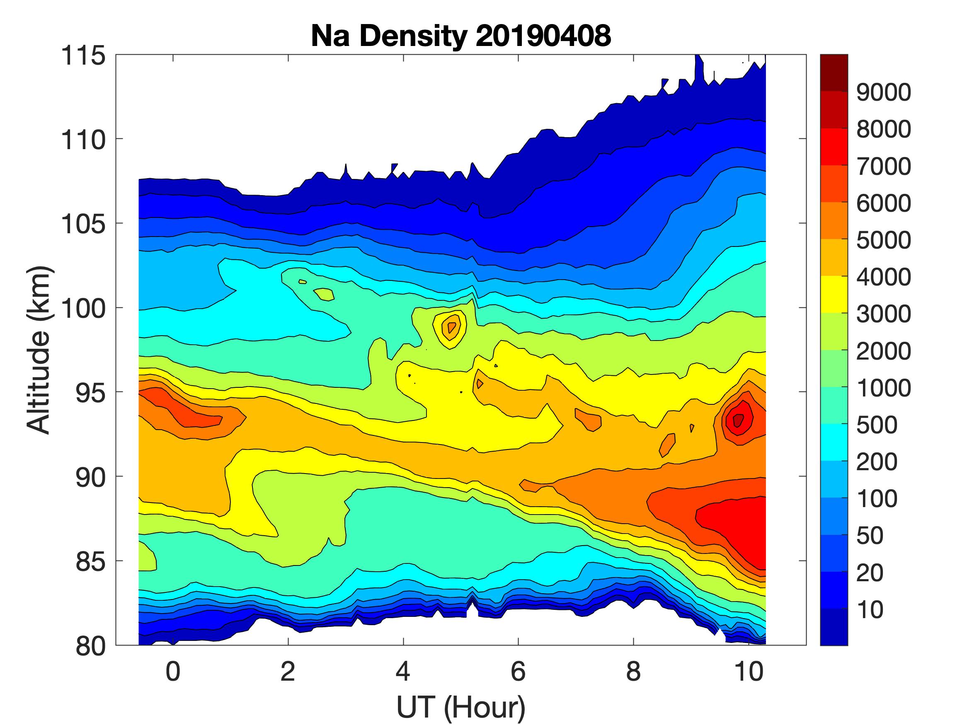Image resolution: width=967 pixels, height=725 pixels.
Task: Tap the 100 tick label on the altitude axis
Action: tap(83, 309)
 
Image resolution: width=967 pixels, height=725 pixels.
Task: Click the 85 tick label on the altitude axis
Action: tap(90, 561)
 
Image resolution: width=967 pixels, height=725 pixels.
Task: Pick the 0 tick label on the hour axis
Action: tap(173, 671)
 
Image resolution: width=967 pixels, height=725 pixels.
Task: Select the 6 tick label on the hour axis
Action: tap(518, 671)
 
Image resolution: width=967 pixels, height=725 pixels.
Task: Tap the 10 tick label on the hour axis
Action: tap(749, 671)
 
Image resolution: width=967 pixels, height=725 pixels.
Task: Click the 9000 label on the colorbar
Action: tap(883, 92)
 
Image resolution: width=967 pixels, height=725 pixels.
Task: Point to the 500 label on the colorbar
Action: tap(877, 425)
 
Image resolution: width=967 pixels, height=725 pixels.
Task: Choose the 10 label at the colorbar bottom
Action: tap(870, 609)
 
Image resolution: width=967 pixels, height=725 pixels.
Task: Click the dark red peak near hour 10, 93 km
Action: tap(738, 420)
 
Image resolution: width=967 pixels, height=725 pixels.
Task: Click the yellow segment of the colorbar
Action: tap(834, 294)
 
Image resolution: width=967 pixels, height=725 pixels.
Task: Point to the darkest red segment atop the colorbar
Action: tap(834, 72)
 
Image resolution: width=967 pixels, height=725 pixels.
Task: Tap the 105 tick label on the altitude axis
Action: tap(83, 224)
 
